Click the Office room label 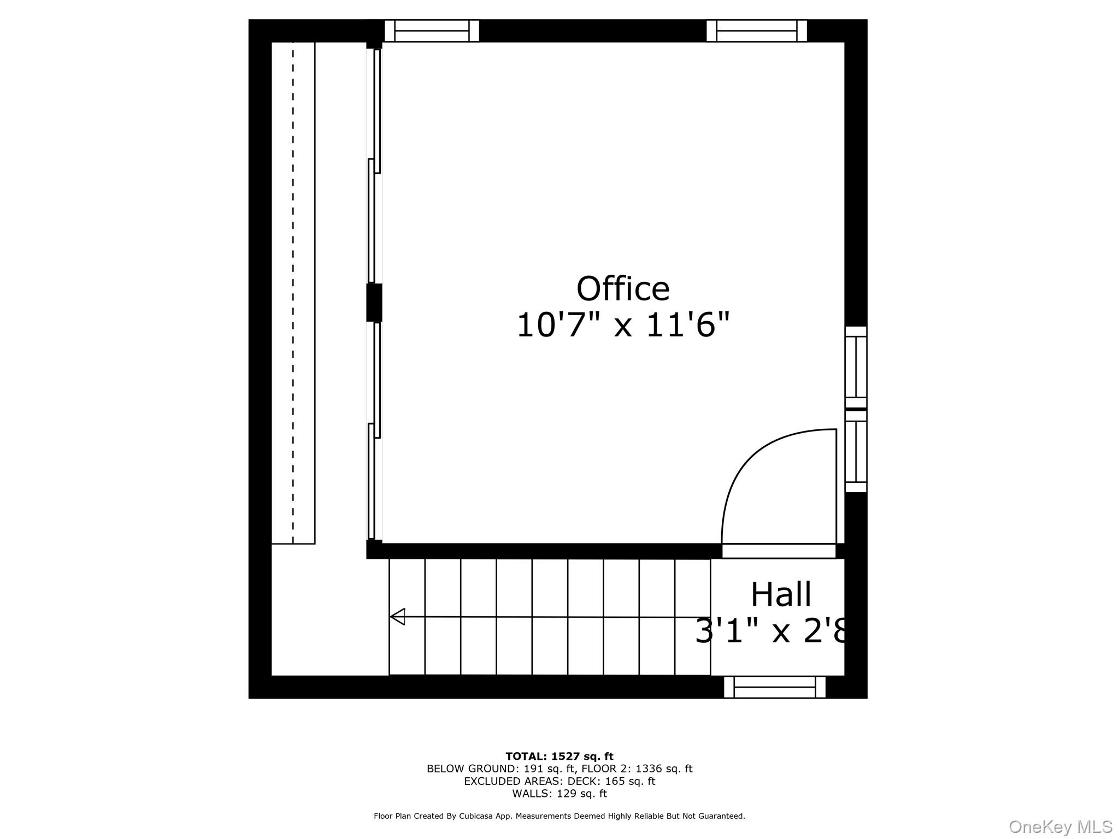(623, 289)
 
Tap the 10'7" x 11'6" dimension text (623, 326)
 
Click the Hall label (781, 595)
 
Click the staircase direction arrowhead (397, 617)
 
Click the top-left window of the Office (432, 31)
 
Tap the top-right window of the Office (756, 31)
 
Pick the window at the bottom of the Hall (774, 687)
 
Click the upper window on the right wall (856, 367)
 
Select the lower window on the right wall (856, 451)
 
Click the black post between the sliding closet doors (374, 302)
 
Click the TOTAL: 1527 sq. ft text (559, 757)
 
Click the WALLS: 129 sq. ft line (559, 794)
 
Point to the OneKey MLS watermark (1060, 827)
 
